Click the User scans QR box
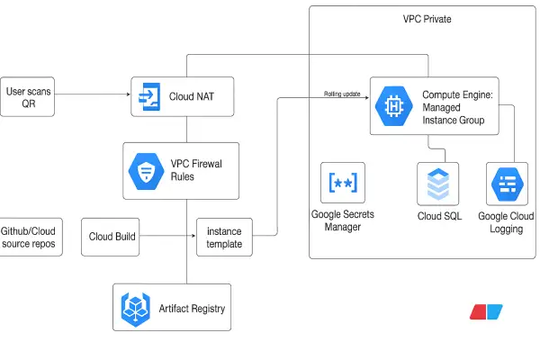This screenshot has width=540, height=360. coord(28,96)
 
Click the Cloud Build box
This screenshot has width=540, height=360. coord(112,237)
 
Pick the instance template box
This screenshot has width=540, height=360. coord(224,238)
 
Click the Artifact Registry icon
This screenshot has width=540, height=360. coord(135,309)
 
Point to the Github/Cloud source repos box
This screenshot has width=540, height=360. coord(31,237)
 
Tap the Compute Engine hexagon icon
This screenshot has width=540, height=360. coord(393,106)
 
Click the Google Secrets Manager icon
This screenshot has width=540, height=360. coord(342,183)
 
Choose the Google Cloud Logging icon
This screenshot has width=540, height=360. coord(505,185)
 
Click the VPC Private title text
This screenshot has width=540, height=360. coord(427,19)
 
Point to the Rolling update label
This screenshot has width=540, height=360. coord(342,94)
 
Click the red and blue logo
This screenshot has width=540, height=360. coord(486,311)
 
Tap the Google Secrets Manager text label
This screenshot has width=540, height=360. coord(342,220)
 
